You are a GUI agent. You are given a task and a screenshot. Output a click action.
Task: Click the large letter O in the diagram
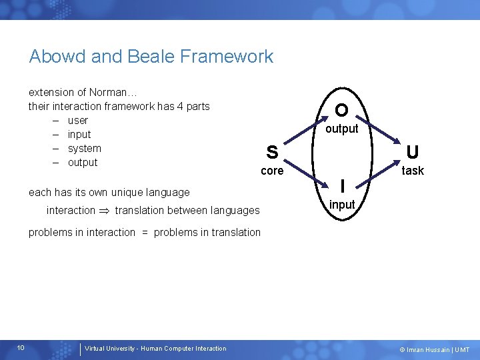pos(341,110)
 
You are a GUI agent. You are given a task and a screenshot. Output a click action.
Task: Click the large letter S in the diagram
pos(272,153)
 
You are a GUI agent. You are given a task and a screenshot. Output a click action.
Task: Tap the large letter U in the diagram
pos(413,153)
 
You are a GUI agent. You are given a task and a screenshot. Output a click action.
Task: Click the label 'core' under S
pos(272,171)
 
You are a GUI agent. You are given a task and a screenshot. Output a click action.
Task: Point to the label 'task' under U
pos(413,171)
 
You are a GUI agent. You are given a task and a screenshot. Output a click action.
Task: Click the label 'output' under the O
pos(341,129)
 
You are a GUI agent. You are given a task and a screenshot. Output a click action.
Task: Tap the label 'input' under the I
pos(342,205)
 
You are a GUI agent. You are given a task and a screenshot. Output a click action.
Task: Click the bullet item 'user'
pos(78,121)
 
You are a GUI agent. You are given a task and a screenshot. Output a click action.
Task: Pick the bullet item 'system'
pos(85,149)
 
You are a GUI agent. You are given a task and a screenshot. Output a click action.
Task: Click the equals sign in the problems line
pos(144,233)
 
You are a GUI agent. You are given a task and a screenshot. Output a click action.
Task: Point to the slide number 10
pos(21,347)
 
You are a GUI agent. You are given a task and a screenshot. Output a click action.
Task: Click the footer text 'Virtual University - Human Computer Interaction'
pos(155,348)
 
